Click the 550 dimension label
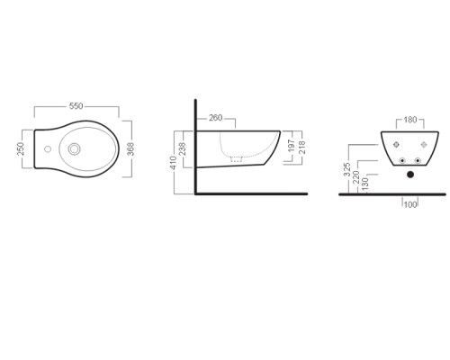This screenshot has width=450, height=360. pos(76,106)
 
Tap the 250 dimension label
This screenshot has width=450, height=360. pos(21,148)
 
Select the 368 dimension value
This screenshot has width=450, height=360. pos(130,149)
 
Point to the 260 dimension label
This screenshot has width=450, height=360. pos(216,118)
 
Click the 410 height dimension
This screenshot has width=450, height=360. pos(174,163)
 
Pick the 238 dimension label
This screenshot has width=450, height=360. pos(182,148)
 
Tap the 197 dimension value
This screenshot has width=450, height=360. pos(292,146)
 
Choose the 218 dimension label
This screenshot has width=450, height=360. pos(301,148)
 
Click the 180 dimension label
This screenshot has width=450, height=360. pos(410,120)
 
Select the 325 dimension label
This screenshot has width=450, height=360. pos(346,169)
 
